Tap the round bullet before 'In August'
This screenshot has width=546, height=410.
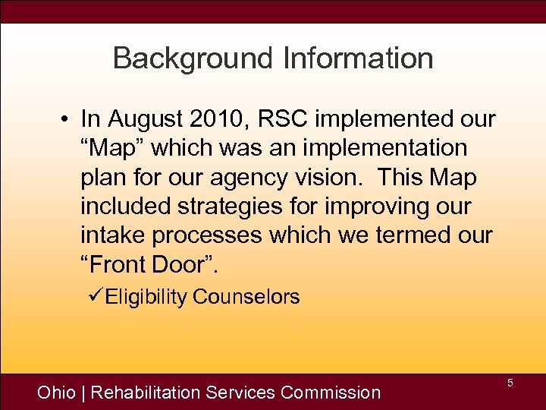(x=67, y=120)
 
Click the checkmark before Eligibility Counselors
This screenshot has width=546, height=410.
(x=95, y=296)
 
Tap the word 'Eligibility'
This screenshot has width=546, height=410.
(x=146, y=297)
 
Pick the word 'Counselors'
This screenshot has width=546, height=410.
(x=246, y=297)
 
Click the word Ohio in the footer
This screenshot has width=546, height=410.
(x=57, y=393)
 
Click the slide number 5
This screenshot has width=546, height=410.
(x=510, y=383)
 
